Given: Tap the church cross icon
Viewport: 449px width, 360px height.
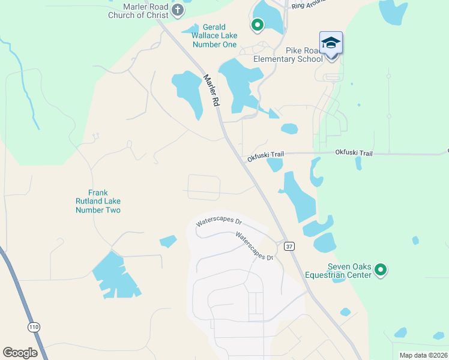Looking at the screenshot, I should click(178, 10).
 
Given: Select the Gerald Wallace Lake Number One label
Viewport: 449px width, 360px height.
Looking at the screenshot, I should click(214, 35).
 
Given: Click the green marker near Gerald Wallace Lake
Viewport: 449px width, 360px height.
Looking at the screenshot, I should click(258, 25).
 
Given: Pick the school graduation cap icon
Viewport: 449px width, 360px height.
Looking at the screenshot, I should click(331, 42).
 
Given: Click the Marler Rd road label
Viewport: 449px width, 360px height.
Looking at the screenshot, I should click(211, 91).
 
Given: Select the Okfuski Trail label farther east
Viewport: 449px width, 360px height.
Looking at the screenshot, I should click(354, 154).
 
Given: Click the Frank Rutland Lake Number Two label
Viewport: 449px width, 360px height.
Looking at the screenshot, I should click(98, 202).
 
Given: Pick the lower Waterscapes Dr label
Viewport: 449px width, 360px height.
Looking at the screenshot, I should click(254, 246).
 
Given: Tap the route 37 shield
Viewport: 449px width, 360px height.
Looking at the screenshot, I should click(290, 247).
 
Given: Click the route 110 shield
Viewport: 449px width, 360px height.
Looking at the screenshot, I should click(34, 326).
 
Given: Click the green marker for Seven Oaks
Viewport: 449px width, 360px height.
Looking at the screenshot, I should click(380, 271).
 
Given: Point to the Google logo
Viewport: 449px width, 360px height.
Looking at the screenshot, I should click(20, 353).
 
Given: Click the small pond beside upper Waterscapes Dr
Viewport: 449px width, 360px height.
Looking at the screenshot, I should click(168, 241).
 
